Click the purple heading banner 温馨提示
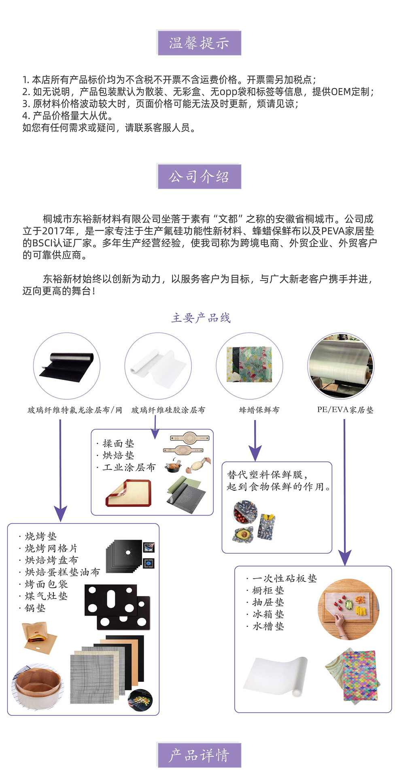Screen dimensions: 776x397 (x=199, y=43)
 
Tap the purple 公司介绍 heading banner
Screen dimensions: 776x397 (x=199, y=177)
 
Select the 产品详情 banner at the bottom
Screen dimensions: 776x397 (x=199, y=755)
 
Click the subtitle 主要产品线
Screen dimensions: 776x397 (x=201, y=318)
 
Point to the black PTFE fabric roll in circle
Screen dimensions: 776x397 (x=67, y=365)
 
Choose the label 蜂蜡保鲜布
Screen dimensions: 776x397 (x=259, y=410)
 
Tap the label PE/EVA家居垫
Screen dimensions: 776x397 (x=345, y=410)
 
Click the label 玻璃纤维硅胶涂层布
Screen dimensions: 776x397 (x=168, y=410)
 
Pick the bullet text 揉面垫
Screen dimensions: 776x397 (x=118, y=443)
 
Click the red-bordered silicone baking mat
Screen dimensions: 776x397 (x=128, y=493)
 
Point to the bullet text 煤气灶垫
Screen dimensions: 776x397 (x=46, y=596)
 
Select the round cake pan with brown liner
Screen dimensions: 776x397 (x=37, y=685)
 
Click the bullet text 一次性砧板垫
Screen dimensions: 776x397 (x=284, y=578)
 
